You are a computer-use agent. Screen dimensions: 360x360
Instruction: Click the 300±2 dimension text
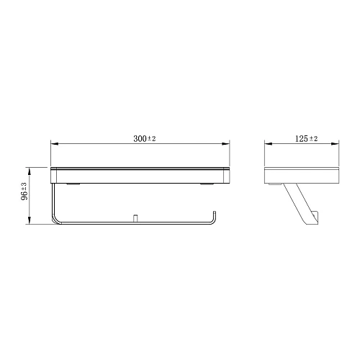tap(145, 138)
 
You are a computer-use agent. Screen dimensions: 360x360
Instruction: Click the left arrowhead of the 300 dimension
tap(53, 143)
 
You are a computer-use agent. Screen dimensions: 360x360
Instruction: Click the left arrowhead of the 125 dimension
tap(266, 143)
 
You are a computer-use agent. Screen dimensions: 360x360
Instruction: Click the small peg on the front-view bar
tap(135, 217)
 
